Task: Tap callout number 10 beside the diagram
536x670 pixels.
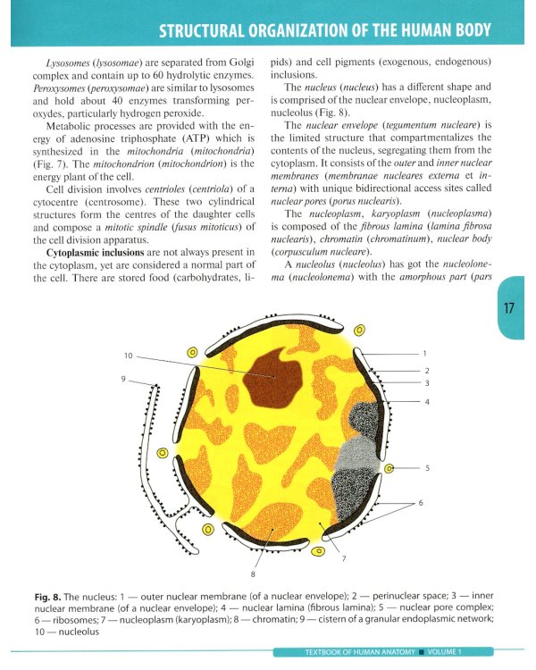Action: [129, 356]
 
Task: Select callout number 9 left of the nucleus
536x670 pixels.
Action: [124, 380]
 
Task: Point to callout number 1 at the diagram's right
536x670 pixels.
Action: [425, 354]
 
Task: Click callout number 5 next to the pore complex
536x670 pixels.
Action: [427, 467]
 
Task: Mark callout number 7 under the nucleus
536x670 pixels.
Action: [343, 559]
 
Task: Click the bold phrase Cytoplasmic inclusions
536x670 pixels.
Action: [80, 240]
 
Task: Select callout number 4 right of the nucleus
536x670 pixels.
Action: [427, 401]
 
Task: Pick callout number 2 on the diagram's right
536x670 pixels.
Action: [427, 370]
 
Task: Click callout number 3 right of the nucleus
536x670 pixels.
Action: [427, 382]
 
